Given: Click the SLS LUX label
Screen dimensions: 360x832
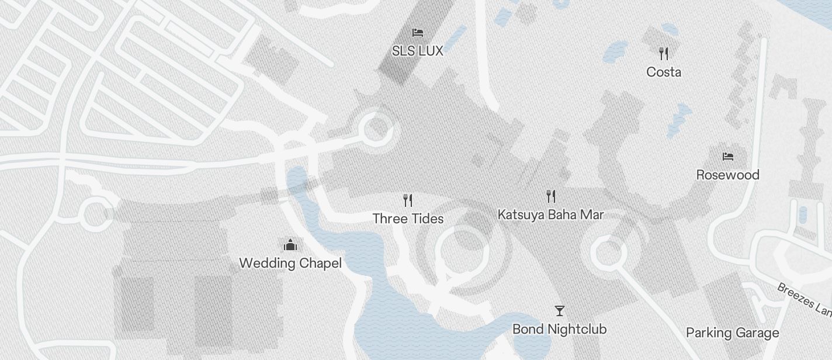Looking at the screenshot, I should click(417, 51).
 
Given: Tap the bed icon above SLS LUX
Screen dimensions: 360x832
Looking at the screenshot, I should click(417, 33).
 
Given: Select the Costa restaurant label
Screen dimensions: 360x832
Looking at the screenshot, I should click(664, 72).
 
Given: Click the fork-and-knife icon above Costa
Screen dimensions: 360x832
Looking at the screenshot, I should click(664, 54).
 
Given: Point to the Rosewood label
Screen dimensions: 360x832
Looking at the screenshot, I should click(727, 175).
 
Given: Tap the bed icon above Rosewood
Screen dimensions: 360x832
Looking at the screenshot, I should click(727, 157).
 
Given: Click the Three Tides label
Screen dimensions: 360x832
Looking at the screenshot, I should click(408, 219).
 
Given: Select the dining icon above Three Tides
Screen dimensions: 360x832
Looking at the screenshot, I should click(408, 200).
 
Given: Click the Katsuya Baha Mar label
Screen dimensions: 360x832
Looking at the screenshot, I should click(550, 214).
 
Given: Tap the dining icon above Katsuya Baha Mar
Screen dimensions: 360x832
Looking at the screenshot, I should click(550, 196).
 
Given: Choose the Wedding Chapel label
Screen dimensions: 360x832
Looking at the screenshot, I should click(290, 263).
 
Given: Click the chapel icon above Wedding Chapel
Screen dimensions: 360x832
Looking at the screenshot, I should click(290, 244).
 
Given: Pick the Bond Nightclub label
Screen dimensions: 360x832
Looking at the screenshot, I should click(559, 329).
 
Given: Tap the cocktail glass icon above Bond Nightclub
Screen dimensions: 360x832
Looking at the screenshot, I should click(560, 310).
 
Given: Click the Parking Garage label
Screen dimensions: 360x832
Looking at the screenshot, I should click(732, 333).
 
